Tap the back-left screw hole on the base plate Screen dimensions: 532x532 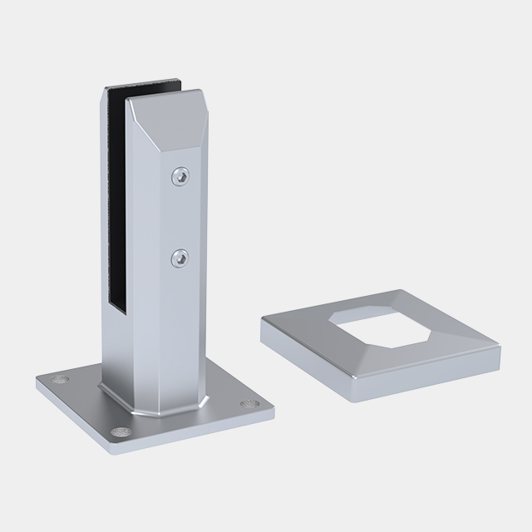click(x=57, y=378)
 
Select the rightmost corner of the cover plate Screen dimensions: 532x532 click(x=502, y=349)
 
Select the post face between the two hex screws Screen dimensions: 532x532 click(x=181, y=218)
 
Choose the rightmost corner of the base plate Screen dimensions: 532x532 click(x=274, y=409)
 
